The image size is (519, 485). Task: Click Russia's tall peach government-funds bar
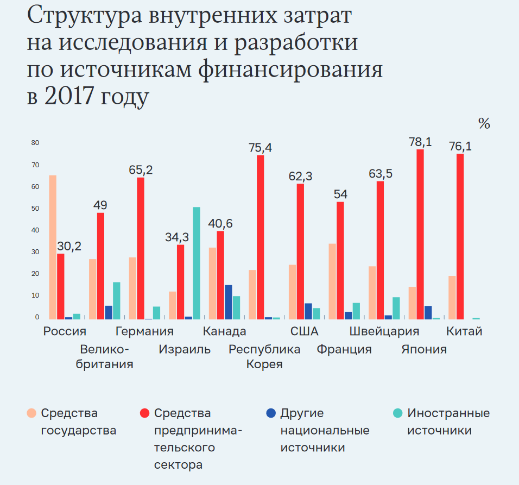click(x=53, y=247)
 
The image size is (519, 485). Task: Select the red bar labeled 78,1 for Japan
click(x=420, y=234)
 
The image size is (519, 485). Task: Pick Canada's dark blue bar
click(x=229, y=301)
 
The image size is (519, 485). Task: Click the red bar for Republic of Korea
click(x=261, y=237)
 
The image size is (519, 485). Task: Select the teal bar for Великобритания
click(x=117, y=300)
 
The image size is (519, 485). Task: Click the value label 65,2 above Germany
click(x=141, y=170)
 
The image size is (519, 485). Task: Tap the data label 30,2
click(x=69, y=246)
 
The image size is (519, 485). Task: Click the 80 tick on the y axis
click(x=35, y=143)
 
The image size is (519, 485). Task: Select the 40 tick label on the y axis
click(x=35, y=230)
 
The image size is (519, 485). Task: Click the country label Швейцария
click(x=384, y=332)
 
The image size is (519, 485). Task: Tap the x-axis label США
click(x=304, y=332)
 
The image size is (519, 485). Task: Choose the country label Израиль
click(x=185, y=349)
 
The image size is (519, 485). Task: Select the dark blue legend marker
click(x=271, y=413)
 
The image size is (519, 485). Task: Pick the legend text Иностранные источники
click(x=448, y=422)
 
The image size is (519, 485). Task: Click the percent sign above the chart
click(x=484, y=124)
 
